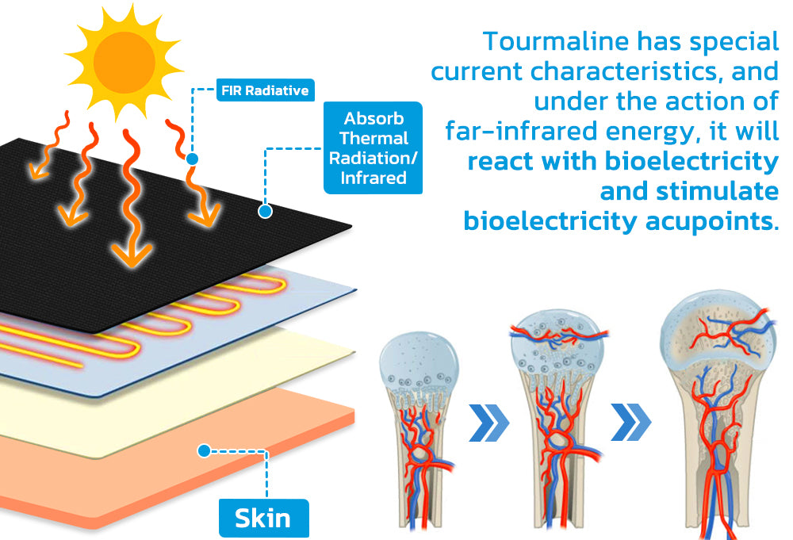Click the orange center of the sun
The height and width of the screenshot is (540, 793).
click(x=125, y=62)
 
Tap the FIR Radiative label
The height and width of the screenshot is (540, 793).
click(x=266, y=90)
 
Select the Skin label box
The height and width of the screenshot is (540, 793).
click(x=263, y=519)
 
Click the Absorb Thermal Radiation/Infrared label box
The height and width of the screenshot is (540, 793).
click(x=374, y=147)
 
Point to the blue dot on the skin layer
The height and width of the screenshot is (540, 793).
click(x=205, y=450)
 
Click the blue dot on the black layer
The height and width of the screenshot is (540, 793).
click(x=265, y=211)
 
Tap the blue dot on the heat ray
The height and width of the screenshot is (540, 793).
click(x=192, y=159)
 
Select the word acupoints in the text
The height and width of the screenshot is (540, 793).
click(x=712, y=221)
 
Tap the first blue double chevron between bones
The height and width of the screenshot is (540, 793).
click(x=488, y=423)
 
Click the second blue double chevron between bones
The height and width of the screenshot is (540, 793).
click(x=630, y=422)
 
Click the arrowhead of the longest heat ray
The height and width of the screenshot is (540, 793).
click(x=132, y=255)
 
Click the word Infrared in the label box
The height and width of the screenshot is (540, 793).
click(x=374, y=178)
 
